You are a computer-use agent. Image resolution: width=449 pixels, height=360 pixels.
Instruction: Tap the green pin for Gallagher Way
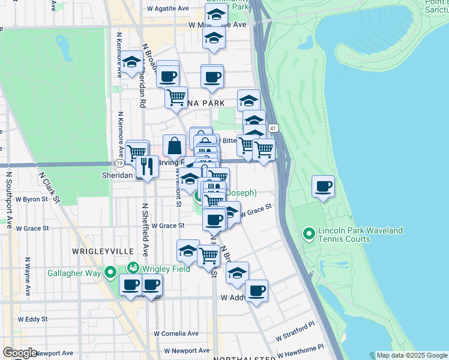pyautogui.click(x=110, y=274)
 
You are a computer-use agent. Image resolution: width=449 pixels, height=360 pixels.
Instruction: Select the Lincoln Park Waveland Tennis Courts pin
pyautogui.click(x=309, y=233)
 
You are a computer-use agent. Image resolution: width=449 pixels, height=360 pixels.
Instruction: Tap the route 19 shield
pyautogui.click(x=119, y=163)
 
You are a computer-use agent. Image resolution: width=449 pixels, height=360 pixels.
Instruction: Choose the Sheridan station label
pyautogui.click(x=115, y=175)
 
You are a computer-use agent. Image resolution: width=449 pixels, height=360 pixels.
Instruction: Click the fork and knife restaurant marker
pyautogui.click(x=148, y=166)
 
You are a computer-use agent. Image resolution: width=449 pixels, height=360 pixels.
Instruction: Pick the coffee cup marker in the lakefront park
pyautogui.click(x=324, y=186)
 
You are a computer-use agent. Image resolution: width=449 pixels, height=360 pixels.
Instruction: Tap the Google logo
pyautogui.click(x=20, y=353)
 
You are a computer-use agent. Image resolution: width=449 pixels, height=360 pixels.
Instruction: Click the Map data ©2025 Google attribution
pyautogui.click(x=411, y=355)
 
